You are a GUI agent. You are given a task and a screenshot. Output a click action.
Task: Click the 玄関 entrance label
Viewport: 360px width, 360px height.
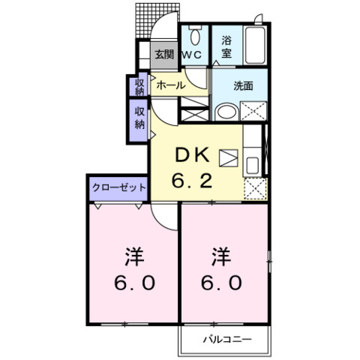tap(164, 54)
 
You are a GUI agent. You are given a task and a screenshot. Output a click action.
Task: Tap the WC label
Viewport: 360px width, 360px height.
tap(193, 54)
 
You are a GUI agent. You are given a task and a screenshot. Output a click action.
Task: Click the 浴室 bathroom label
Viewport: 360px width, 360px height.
tap(226, 47)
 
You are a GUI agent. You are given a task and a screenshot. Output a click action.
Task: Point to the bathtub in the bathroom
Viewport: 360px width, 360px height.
tap(255, 45)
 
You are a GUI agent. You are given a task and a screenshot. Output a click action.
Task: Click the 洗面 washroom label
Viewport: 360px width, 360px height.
tap(242, 85)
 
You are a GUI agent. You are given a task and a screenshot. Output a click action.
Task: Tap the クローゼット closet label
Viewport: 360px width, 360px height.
tap(119, 187)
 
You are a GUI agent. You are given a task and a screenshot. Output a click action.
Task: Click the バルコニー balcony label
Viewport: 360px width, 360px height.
tap(226, 339)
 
